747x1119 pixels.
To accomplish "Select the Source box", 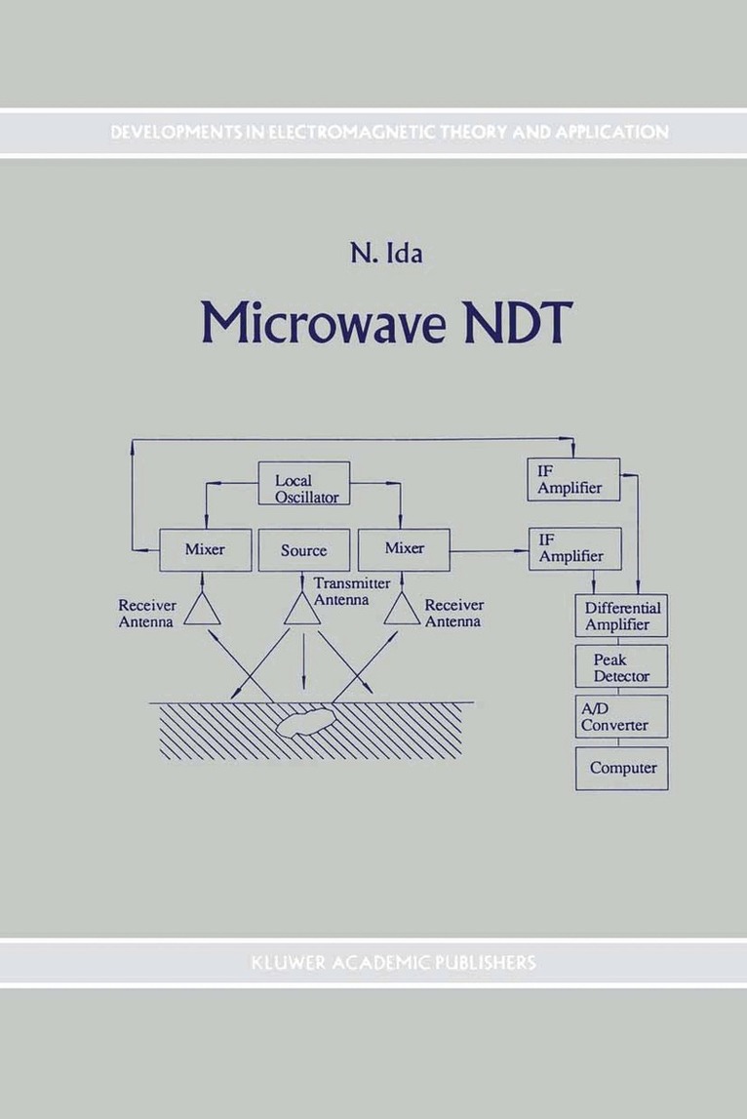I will coord(304,549).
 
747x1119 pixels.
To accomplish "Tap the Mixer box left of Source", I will coord(205,549).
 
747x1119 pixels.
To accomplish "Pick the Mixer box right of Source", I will coord(404,549).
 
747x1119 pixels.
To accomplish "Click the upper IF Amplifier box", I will coord(573,480).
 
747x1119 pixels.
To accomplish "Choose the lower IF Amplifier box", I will coord(573,549).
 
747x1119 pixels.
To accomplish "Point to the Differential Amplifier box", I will coord(621,617).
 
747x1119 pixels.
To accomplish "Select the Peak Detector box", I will coord(621,667).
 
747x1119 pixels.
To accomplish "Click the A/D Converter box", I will coord(621,718).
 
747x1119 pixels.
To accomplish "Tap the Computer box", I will coord(621,768).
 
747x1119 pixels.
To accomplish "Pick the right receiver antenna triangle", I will coord(402,611).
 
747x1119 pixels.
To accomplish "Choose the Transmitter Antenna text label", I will coord(341,592).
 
